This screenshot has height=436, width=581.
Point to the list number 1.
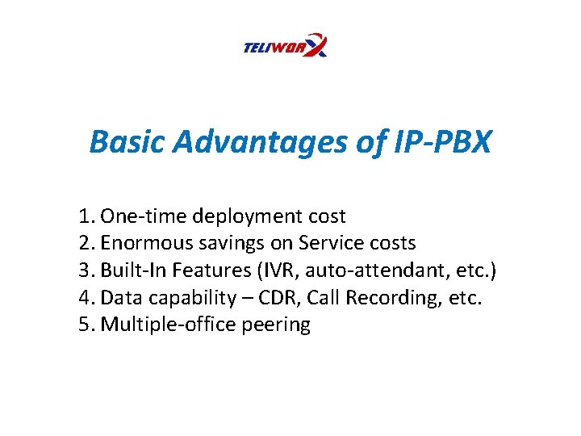(86, 216)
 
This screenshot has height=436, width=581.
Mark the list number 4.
(86, 298)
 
